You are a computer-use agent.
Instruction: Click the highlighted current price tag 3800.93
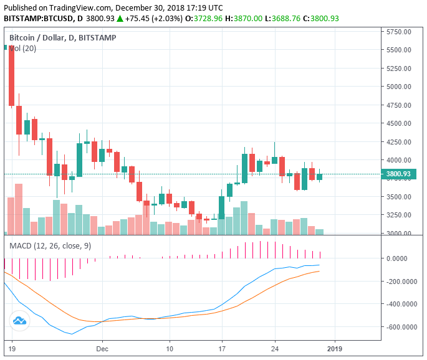pos(398,174)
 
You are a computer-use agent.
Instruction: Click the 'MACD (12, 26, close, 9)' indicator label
pos(50,245)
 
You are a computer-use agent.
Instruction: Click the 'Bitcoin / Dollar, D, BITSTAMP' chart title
pos(62,38)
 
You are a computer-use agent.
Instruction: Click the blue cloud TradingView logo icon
pos(19,321)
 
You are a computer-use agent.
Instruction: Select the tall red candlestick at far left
pos(11,75)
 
